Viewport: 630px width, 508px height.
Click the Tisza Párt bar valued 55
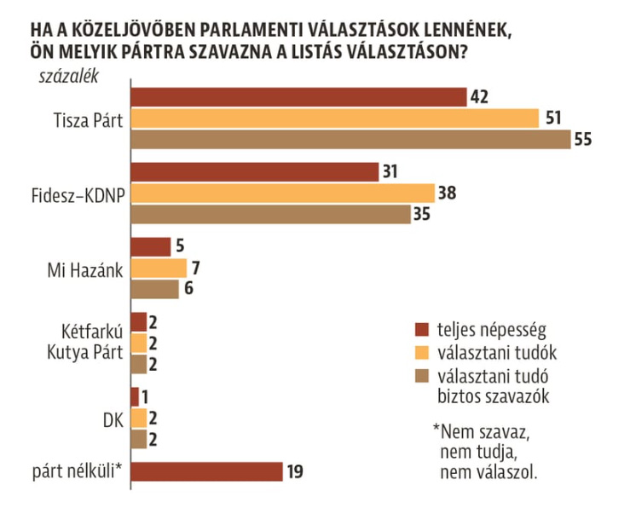[x=350, y=140]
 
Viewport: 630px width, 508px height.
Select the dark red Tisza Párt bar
[x=299, y=97]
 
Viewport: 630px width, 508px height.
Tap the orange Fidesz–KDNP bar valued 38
[x=282, y=193]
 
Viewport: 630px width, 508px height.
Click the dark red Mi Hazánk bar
[x=151, y=247]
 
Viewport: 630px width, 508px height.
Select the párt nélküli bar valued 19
[x=206, y=471]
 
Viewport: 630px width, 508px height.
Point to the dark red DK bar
[x=135, y=397]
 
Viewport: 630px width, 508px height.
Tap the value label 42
[x=480, y=96]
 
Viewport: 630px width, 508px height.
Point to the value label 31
[x=391, y=172]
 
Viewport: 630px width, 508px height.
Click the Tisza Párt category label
[x=87, y=118]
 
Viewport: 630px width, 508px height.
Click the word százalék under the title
[x=69, y=77]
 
